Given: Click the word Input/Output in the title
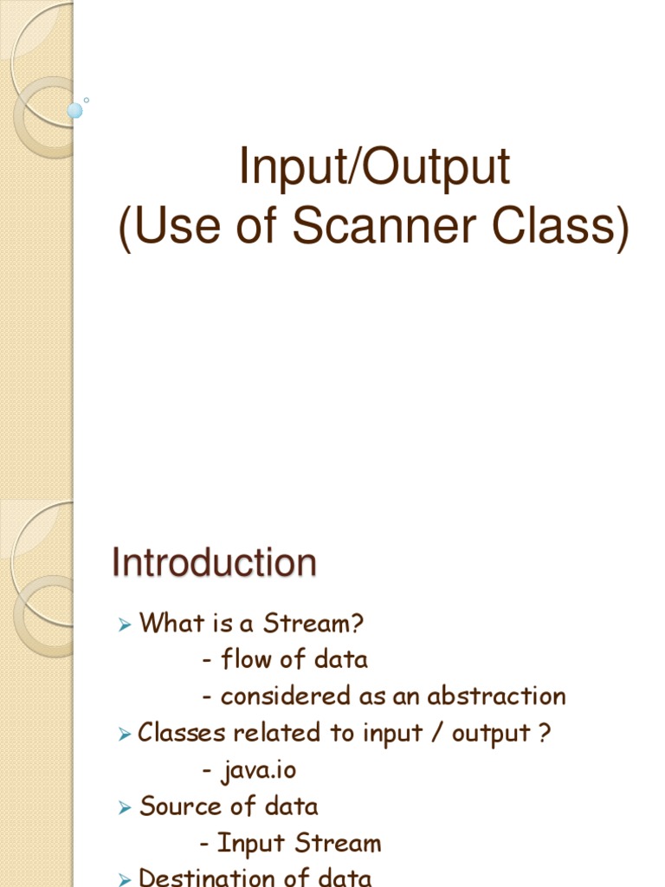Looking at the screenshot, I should click(375, 168).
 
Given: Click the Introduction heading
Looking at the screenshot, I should click(214, 563).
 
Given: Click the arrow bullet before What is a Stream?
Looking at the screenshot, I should click(125, 624).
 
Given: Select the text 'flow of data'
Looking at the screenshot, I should click(294, 659).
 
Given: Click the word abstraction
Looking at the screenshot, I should click(496, 696).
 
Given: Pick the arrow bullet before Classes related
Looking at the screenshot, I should click(125, 735).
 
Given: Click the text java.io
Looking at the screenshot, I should click(258, 769).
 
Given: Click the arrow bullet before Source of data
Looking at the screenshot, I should click(125, 808).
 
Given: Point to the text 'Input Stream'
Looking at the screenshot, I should click(299, 843).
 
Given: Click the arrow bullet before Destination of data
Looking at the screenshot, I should click(125, 880).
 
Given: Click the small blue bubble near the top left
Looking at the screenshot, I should click(75, 110).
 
